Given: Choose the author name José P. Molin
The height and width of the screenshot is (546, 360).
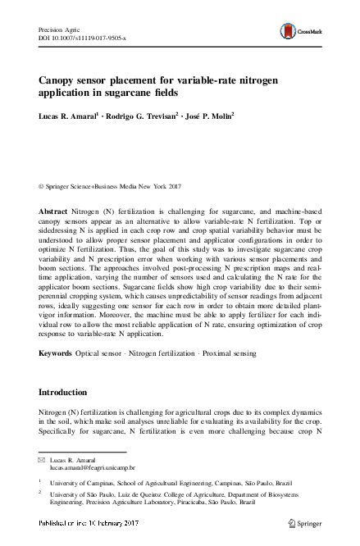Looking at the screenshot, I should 212,116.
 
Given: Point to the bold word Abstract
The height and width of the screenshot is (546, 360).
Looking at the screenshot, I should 54,212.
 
